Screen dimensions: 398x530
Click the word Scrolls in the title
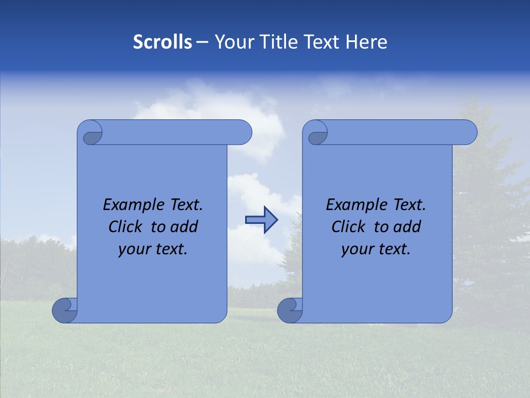[x=162, y=42]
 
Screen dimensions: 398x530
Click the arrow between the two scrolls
[x=261, y=219]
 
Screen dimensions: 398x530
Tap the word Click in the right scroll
[x=348, y=227]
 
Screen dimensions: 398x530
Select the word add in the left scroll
[x=185, y=227]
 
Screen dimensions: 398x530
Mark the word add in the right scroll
[x=408, y=227]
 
